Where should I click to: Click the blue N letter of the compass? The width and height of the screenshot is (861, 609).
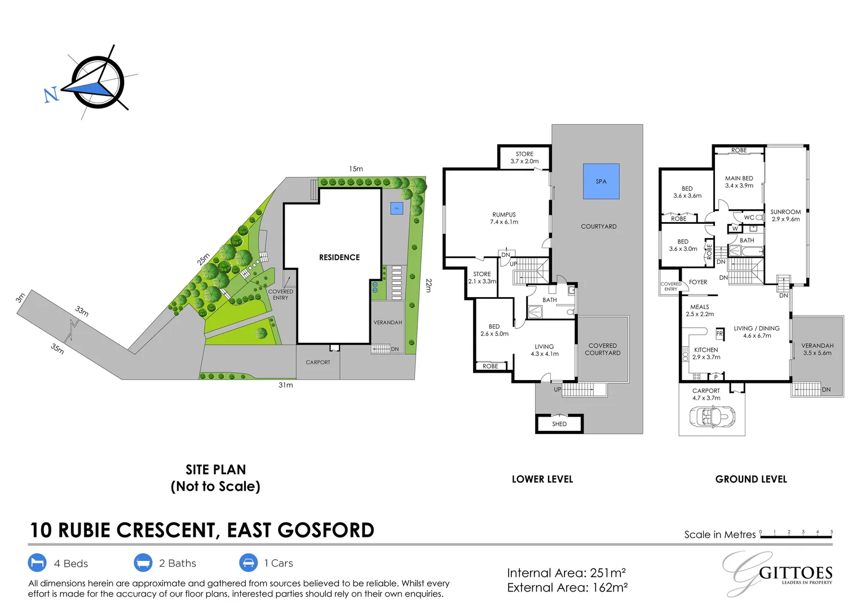coord(51,94)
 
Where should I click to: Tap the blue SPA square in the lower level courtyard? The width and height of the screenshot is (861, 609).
coord(601,181)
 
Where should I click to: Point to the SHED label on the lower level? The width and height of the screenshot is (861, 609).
coord(559,424)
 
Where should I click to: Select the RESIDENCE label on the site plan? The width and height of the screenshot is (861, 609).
coord(339,258)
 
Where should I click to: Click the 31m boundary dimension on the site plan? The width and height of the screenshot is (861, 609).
coord(286,385)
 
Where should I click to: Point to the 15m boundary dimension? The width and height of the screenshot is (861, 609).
coord(356,169)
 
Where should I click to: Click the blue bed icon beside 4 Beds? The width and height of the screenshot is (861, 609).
coord(37,563)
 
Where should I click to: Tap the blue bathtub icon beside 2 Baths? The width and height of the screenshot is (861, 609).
coord(143,563)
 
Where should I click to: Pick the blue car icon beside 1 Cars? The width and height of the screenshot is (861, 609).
coord(248,563)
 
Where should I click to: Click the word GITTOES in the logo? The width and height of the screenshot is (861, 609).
coord(796,573)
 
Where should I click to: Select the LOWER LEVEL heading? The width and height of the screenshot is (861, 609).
coord(542,479)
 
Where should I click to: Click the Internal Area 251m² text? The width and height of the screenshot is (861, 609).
coord(566,573)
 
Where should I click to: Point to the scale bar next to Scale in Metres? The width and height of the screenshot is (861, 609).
coord(796,535)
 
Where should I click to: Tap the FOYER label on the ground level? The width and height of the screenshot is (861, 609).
coord(698,282)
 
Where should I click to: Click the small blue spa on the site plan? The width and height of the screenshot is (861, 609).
coord(397,208)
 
